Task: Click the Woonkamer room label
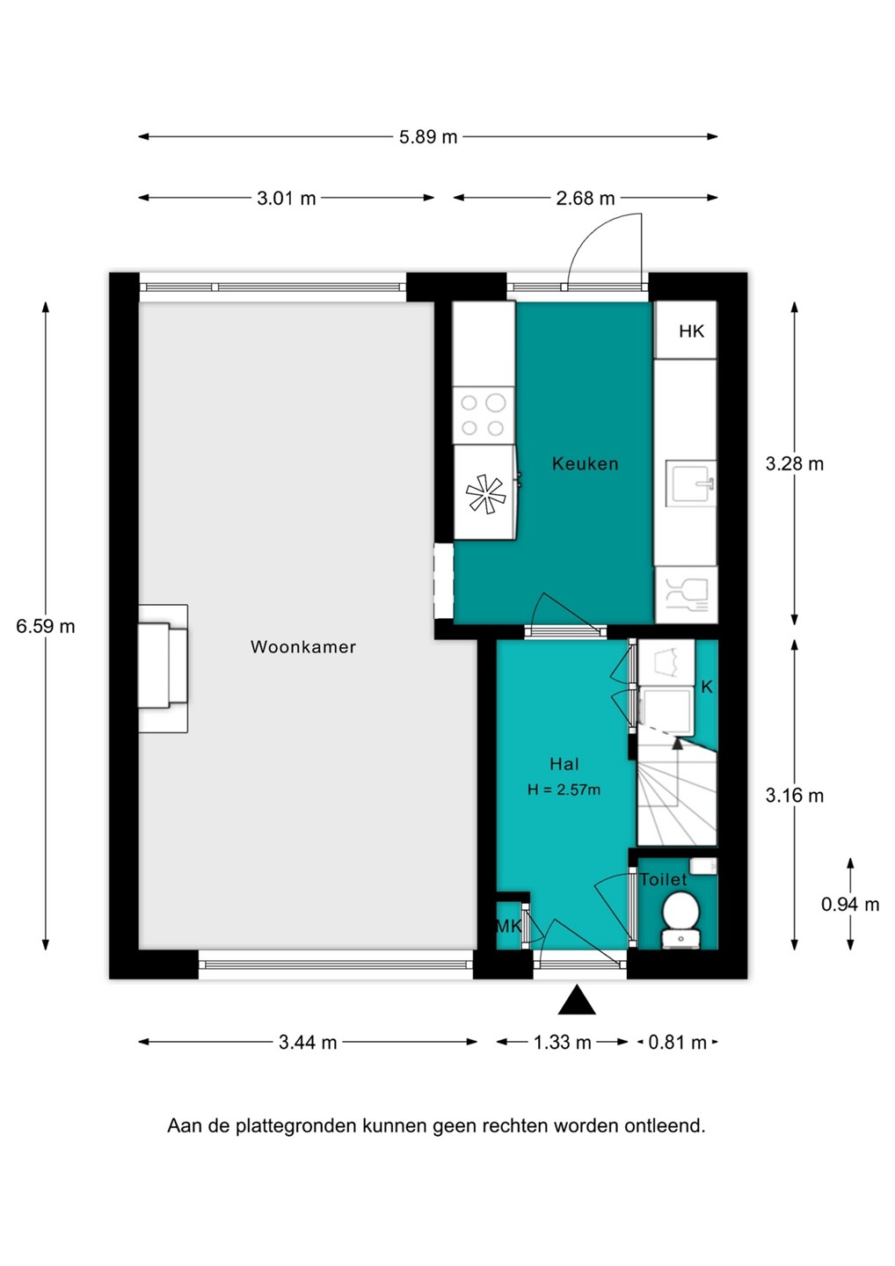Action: (302, 646)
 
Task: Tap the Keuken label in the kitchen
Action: (585, 463)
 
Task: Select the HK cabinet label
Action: (692, 331)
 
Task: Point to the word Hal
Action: (564, 764)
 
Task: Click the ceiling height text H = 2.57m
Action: (564, 789)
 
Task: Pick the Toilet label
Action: (664, 879)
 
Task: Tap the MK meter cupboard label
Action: (508, 927)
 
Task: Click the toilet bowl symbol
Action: (680, 919)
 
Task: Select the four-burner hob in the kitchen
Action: (484, 416)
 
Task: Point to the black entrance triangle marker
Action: (577, 1000)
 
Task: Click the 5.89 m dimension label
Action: (428, 137)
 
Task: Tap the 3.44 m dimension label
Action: (308, 1042)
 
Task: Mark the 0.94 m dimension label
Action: (850, 905)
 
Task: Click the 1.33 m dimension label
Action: (562, 1042)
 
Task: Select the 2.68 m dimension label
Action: (585, 199)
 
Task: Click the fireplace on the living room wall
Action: (163, 669)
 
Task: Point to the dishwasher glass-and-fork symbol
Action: (686, 595)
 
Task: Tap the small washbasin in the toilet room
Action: (702, 866)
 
